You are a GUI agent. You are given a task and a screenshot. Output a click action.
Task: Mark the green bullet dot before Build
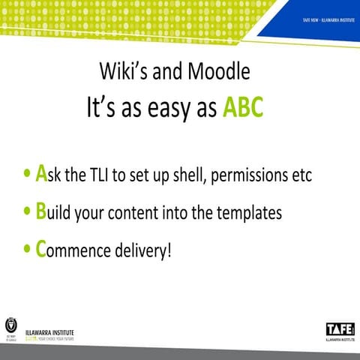[28, 213]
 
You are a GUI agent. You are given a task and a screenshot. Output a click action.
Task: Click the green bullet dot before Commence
[28, 250]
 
